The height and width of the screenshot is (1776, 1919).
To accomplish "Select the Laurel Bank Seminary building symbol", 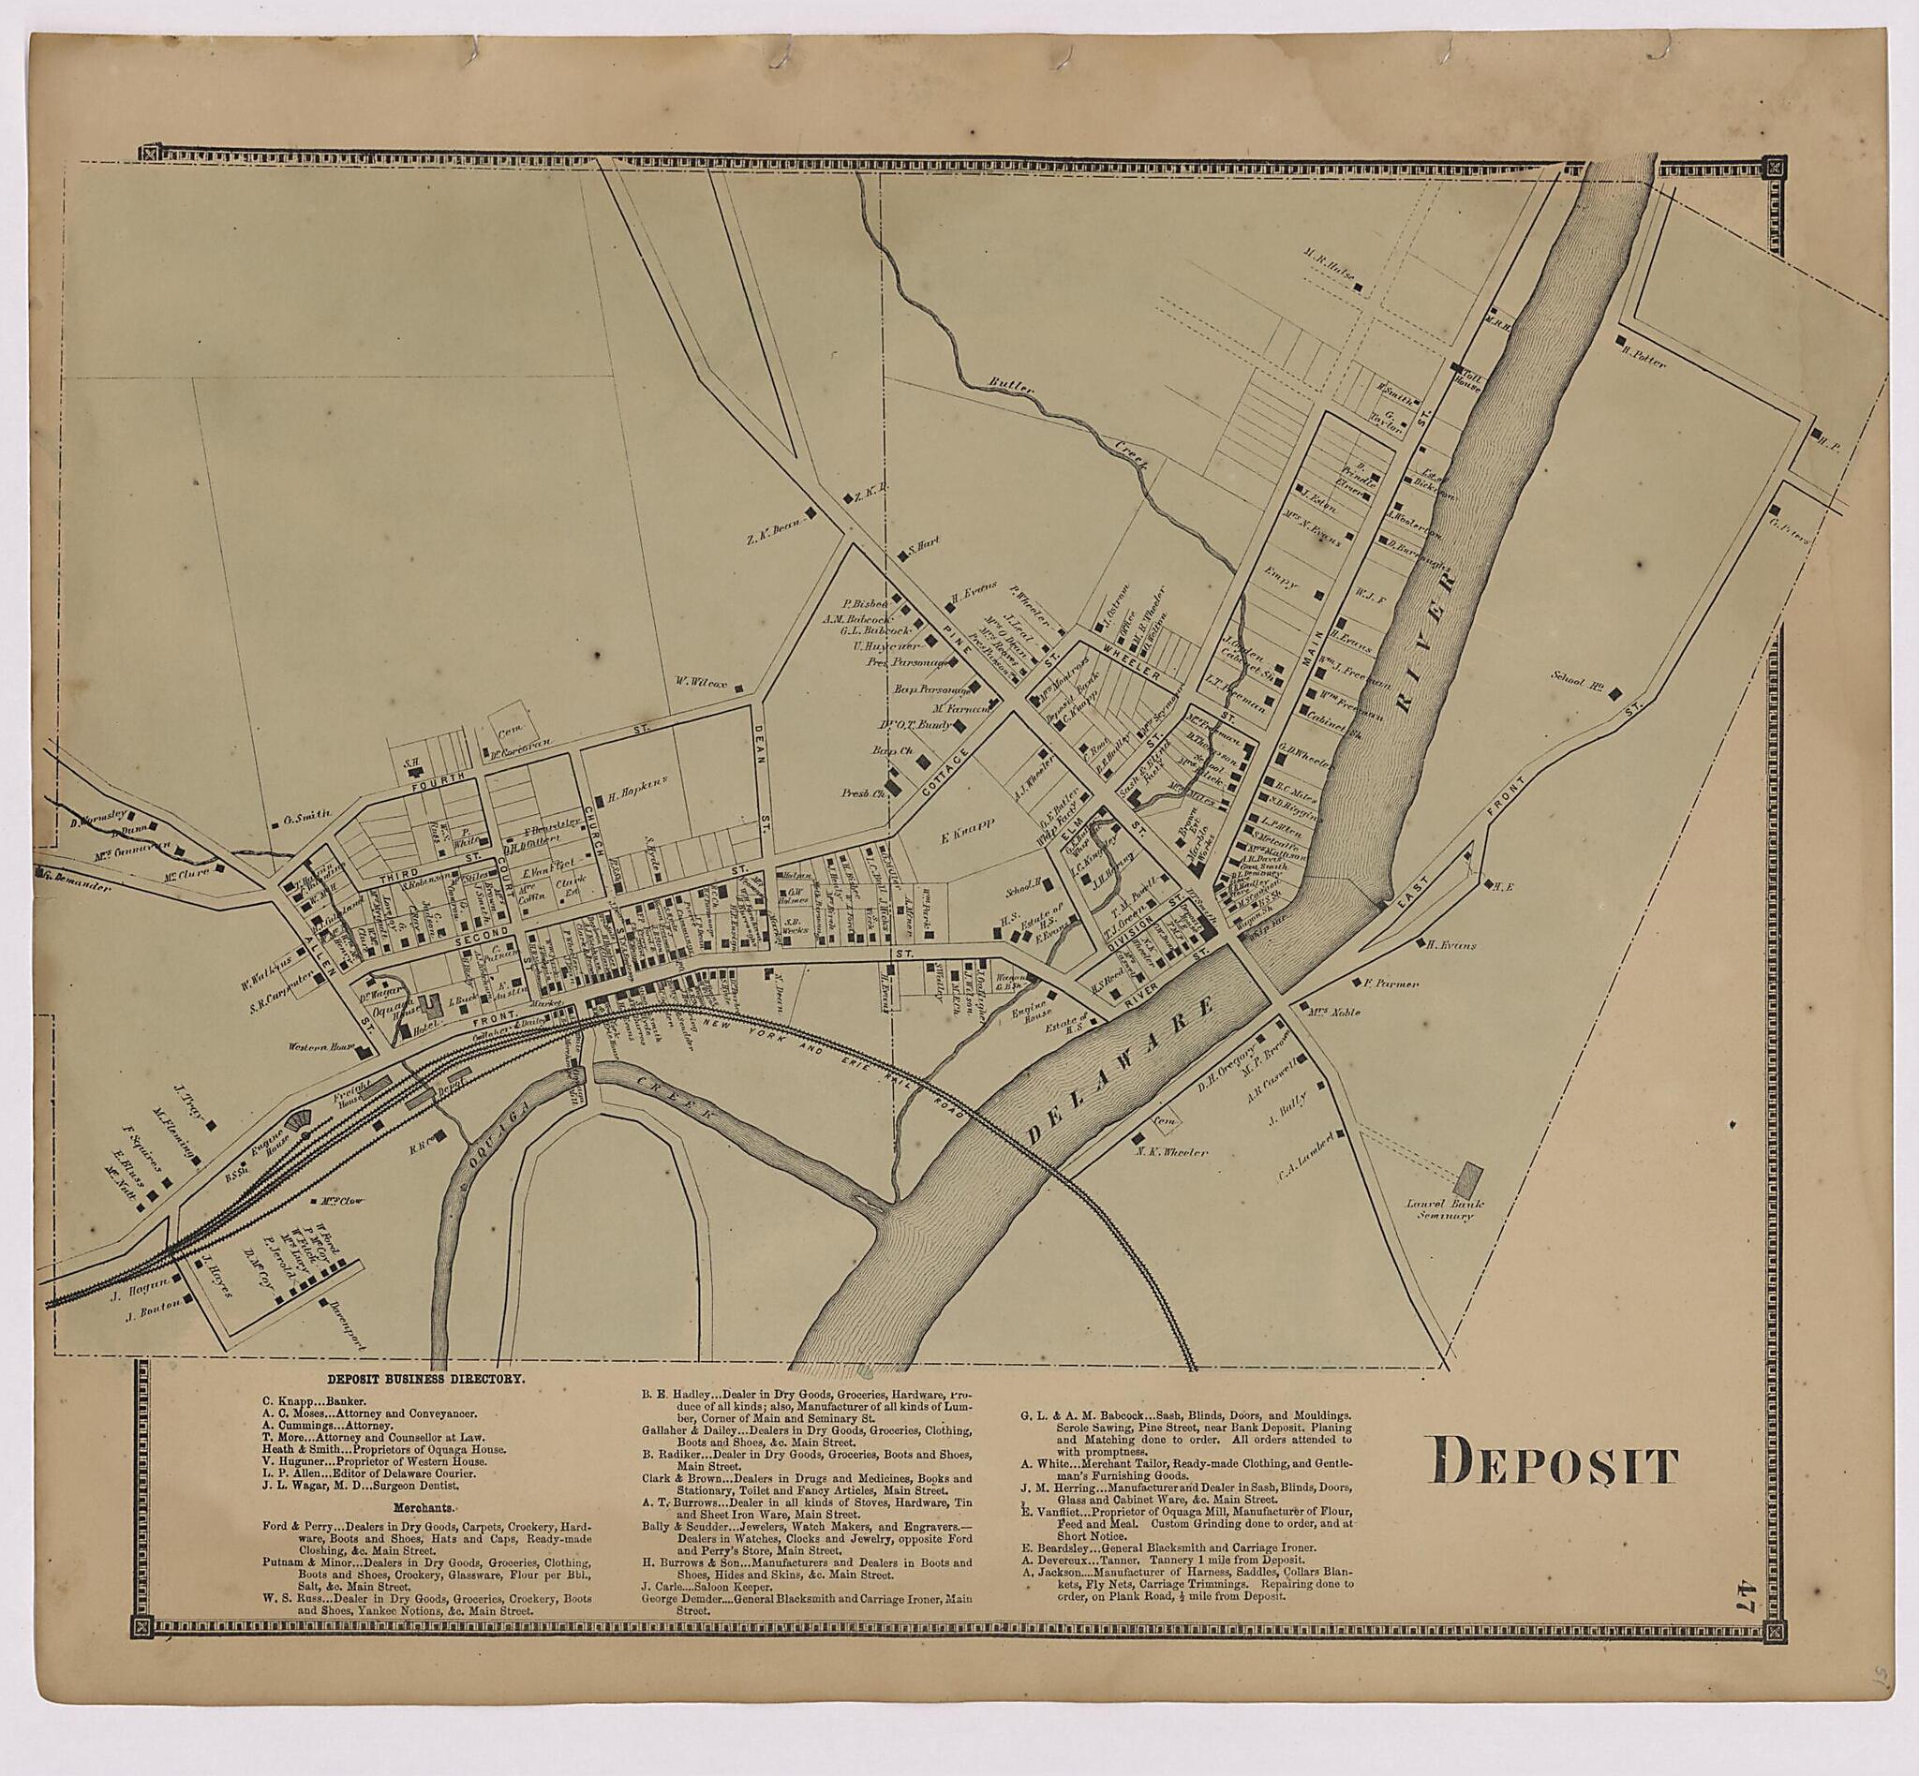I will (x=1469, y=1179).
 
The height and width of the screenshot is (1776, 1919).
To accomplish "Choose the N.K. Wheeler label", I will (x=1171, y=1150).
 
